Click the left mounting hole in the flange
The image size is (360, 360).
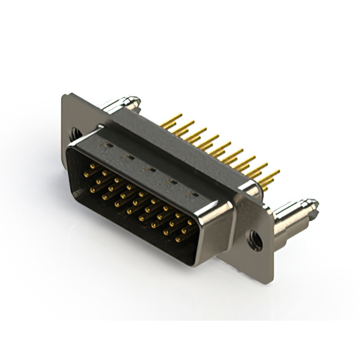tap(74, 133)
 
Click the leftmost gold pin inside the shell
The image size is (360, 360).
tap(86, 174)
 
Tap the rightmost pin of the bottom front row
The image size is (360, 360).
tap(178, 239)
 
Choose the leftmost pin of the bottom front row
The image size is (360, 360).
tap(92, 190)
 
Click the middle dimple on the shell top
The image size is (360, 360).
tap(150, 168)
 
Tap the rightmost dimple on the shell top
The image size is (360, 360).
tap(194, 193)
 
